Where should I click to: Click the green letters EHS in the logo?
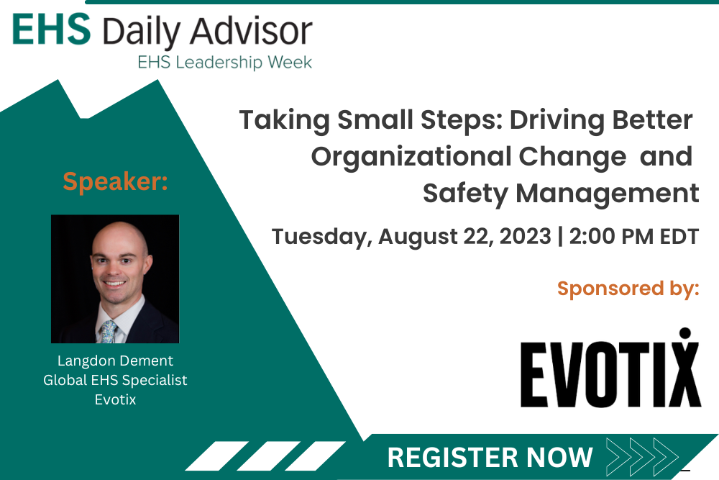click(51, 30)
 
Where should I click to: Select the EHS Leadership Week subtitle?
click(224, 62)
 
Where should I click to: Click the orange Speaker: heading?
click(115, 181)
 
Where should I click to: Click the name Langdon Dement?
click(115, 361)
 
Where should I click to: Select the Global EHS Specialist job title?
click(115, 380)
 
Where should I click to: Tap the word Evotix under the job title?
click(115, 399)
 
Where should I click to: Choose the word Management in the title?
click(607, 193)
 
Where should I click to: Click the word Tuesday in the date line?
click(320, 237)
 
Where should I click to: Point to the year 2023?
click(525, 236)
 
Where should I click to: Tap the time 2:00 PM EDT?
click(633, 236)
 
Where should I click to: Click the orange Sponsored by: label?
click(628, 289)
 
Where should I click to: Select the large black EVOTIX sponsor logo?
click(610, 368)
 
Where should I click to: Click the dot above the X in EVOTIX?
click(685, 332)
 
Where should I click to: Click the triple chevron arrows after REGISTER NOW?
click(642, 456)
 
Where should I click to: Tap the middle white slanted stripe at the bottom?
click(268, 456)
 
